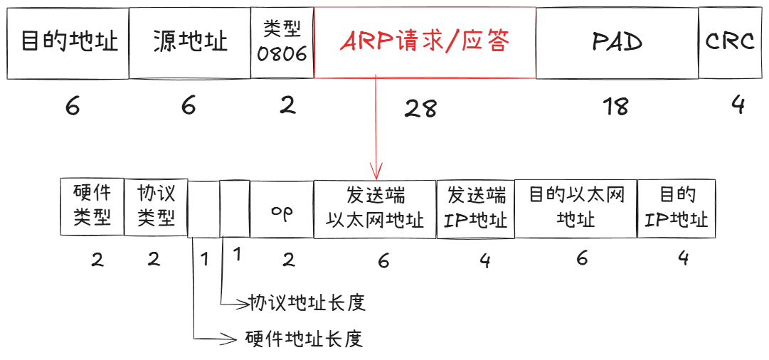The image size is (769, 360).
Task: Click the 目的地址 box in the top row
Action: (68, 43)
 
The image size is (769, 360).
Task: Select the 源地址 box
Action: (190, 43)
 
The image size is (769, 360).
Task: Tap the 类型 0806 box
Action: (282, 43)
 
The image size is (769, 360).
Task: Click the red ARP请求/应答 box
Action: (425, 43)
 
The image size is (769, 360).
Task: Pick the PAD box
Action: (617, 43)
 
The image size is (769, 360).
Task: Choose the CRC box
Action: (729, 43)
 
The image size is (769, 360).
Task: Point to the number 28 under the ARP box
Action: (420, 108)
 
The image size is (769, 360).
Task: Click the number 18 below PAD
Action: (615, 107)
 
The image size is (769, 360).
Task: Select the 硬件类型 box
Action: (92, 206)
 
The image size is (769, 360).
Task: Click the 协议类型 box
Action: (155, 206)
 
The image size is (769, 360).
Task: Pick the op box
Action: (282, 211)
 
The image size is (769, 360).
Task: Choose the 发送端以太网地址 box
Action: (375, 208)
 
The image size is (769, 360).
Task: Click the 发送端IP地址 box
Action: (475, 208)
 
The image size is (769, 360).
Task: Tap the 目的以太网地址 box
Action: (576, 208)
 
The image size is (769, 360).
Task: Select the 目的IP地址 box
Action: (677, 208)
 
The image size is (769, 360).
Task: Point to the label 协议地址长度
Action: (307, 302)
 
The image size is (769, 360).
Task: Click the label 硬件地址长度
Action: (304, 338)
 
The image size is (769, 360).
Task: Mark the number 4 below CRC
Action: (738, 105)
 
